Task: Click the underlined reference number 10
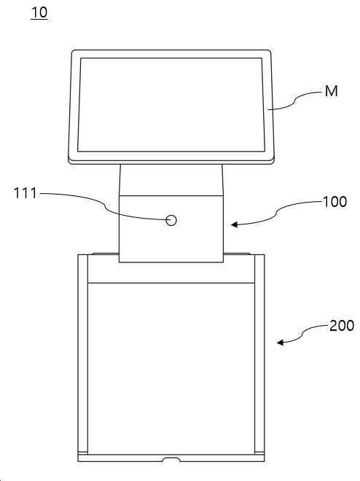(39, 12)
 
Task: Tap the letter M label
(331, 91)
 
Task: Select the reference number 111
(26, 193)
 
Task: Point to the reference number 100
(334, 202)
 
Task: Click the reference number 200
(342, 326)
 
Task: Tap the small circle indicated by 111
(171, 220)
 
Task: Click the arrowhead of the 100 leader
(235, 224)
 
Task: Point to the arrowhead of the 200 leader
(281, 342)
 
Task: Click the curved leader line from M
(295, 101)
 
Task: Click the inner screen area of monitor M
(171, 105)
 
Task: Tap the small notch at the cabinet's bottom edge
(171, 459)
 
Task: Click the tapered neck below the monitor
(171, 180)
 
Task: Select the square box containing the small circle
(171, 229)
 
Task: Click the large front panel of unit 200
(171, 368)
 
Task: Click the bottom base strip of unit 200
(171, 458)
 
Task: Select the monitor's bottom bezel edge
(171, 161)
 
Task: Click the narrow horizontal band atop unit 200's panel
(171, 273)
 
